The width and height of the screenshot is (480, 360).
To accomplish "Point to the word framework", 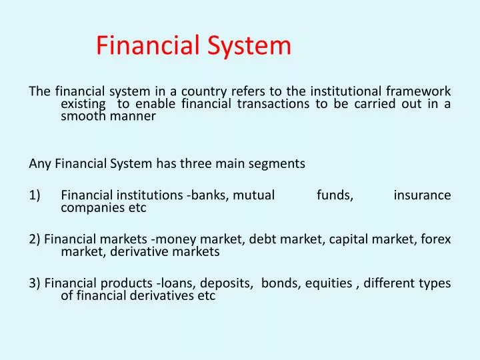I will tap(421, 91).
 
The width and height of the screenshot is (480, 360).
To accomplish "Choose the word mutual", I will tap(253, 195).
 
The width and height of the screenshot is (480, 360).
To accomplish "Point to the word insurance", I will tap(422, 195).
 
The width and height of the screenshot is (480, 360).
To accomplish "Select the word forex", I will tap(436, 240).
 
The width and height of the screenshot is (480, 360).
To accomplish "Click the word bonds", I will tap(280, 284).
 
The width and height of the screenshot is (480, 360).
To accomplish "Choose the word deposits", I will tap(228, 284).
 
